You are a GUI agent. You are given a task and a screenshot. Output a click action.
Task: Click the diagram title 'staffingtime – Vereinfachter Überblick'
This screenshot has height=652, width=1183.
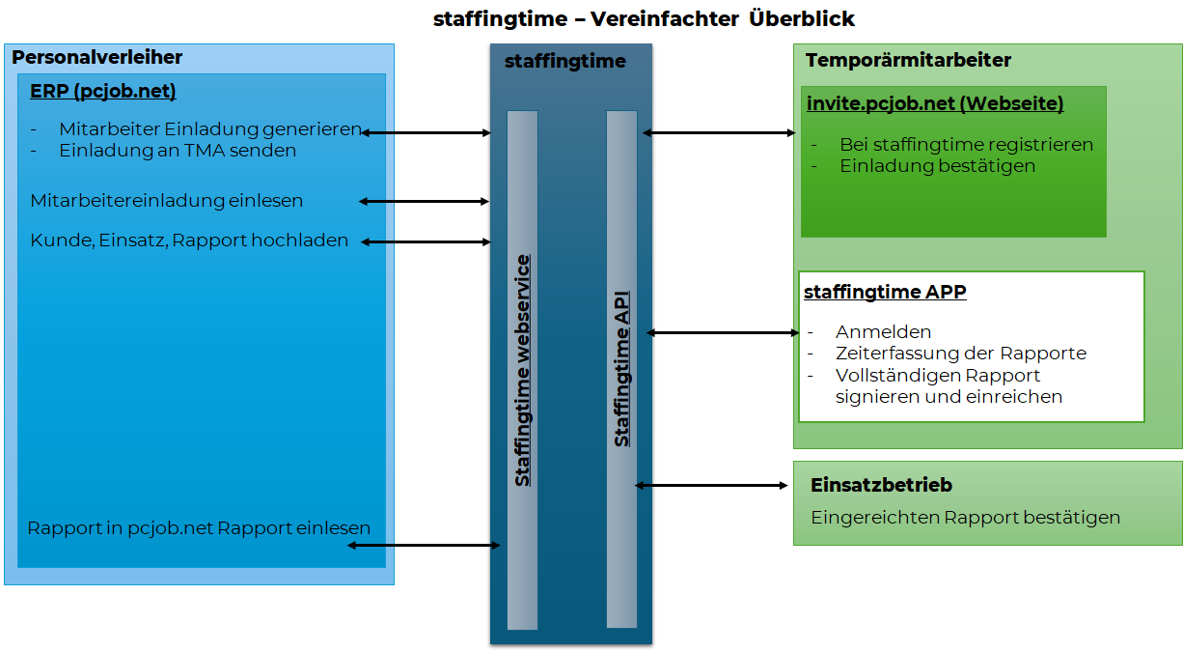click(644, 19)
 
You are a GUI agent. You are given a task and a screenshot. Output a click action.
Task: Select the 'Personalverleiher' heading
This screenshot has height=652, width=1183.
click(96, 57)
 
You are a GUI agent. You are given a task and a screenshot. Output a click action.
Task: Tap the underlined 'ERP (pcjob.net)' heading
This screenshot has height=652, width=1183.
click(103, 91)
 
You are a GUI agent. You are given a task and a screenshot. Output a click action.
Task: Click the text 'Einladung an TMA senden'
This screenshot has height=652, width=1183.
click(178, 151)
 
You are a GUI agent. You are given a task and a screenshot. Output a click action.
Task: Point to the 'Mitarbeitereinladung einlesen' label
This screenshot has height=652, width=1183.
click(166, 201)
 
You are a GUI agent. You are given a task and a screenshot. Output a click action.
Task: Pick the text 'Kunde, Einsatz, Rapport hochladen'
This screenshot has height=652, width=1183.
click(189, 241)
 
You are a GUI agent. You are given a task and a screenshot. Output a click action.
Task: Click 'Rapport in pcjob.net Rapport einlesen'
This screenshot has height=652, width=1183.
click(199, 528)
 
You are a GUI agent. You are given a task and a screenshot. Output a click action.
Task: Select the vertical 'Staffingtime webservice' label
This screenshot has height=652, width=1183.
click(522, 370)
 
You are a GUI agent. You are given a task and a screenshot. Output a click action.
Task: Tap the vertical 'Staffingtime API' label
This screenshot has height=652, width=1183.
click(621, 369)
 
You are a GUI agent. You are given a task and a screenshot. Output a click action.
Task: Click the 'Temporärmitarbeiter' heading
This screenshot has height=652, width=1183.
click(908, 60)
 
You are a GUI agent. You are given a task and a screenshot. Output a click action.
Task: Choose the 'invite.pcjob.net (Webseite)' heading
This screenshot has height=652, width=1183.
click(935, 103)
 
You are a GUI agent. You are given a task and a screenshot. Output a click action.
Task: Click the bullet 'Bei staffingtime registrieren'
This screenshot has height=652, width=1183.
click(966, 145)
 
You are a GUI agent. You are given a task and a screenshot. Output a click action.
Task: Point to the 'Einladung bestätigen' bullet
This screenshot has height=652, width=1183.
click(937, 166)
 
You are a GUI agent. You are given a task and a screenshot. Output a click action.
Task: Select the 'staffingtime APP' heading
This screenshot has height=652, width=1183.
click(885, 292)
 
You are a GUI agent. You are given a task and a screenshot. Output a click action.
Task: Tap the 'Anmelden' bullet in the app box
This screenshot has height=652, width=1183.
click(883, 332)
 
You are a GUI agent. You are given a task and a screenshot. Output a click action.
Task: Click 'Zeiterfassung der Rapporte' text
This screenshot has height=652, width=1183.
click(961, 354)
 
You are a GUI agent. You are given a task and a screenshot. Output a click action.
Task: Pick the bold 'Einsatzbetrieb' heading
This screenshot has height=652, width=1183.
click(881, 485)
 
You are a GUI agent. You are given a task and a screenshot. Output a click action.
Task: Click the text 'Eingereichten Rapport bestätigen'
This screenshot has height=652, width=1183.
click(966, 518)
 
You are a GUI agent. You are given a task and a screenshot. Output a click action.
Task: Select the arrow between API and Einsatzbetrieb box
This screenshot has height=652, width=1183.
click(711, 486)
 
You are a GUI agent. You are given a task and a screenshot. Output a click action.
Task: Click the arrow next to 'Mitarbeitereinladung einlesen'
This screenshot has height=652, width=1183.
click(424, 202)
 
